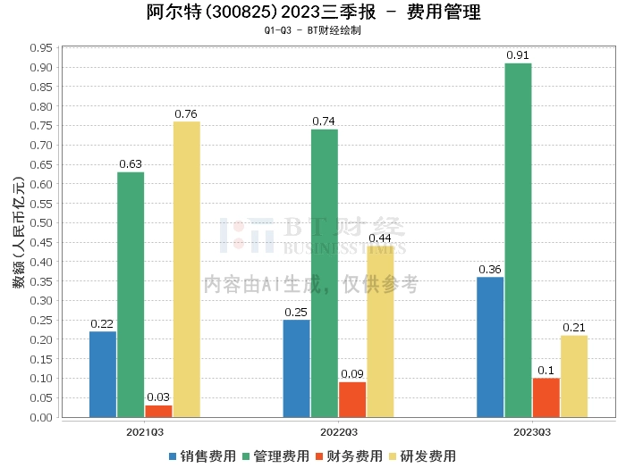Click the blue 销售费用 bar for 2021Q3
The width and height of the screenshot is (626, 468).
[x=103, y=374]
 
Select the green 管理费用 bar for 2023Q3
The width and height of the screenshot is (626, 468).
[x=517, y=240]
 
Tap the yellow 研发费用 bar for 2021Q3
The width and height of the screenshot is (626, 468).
[x=186, y=269]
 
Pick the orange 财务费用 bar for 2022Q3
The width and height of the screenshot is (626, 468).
[x=352, y=399]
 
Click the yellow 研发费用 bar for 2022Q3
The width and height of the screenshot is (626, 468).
[x=380, y=331]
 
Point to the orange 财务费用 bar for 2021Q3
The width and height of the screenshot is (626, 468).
[x=158, y=411]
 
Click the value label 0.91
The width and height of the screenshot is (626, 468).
[x=517, y=55]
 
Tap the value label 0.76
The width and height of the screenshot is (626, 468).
[x=186, y=113]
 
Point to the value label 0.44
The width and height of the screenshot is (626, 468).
[x=380, y=238]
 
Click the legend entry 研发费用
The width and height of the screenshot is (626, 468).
[x=425, y=456]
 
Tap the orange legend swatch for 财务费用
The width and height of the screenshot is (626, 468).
[x=320, y=456]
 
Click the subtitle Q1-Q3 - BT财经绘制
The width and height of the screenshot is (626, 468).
[x=312, y=30]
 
